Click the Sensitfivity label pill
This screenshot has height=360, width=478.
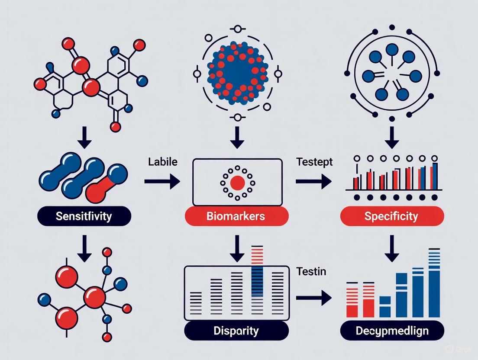point(84,215)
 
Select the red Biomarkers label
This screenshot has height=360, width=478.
point(236,215)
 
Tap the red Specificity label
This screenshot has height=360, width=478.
point(391,215)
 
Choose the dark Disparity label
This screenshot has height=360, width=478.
point(236,331)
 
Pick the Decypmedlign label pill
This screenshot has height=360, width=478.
point(391,331)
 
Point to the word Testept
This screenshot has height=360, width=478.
point(314,162)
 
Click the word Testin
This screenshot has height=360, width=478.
point(311,272)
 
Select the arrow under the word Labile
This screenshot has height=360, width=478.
point(162,181)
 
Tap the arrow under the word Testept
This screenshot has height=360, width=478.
point(313,181)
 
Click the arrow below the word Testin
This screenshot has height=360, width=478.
point(313,298)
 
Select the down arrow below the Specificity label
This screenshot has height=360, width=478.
point(392,248)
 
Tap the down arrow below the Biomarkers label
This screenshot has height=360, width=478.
point(237,248)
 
